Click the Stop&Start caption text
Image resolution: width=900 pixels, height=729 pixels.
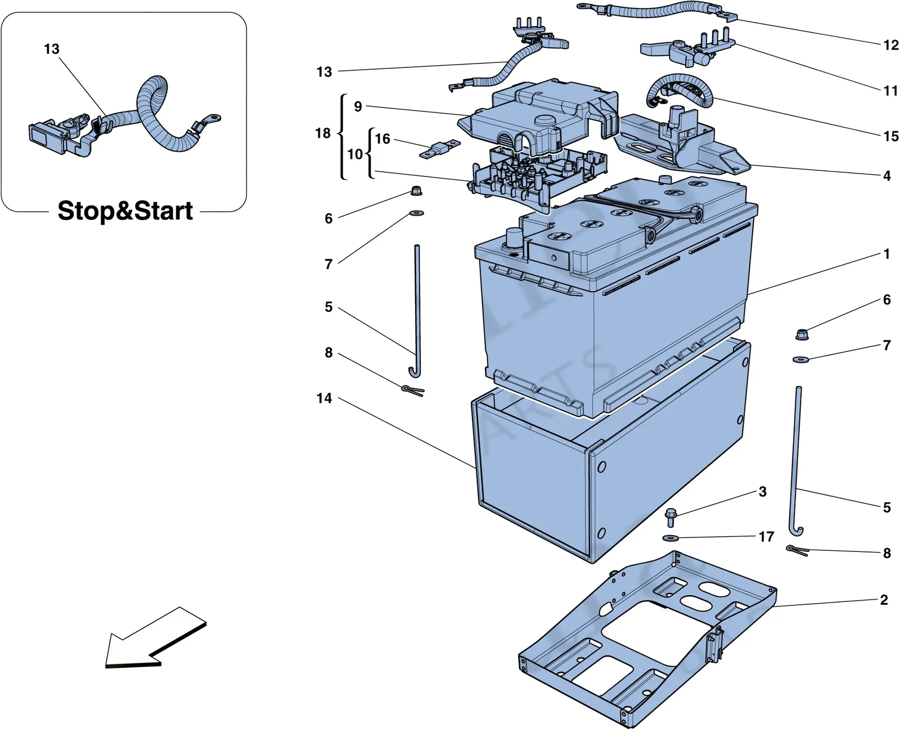(x=125, y=211)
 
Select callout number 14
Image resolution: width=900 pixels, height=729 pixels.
(x=324, y=398)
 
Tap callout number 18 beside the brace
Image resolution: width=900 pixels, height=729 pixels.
(x=323, y=133)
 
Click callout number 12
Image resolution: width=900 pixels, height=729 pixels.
(x=891, y=45)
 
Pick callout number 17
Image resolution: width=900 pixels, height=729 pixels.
(x=767, y=537)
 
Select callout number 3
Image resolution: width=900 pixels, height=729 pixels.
(x=763, y=491)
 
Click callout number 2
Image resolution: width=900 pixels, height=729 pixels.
(x=884, y=600)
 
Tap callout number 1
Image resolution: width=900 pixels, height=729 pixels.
(x=886, y=253)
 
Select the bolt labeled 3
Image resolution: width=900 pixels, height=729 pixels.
(x=670, y=518)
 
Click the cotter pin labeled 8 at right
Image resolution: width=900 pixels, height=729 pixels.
(x=797, y=551)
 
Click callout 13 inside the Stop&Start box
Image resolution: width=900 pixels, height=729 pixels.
(x=52, y=49)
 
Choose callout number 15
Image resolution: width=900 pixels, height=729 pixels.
(x=891, y=137)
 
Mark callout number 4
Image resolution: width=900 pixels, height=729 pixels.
(x=887, y=175)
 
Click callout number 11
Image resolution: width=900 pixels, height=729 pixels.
(x=890, y=90)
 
